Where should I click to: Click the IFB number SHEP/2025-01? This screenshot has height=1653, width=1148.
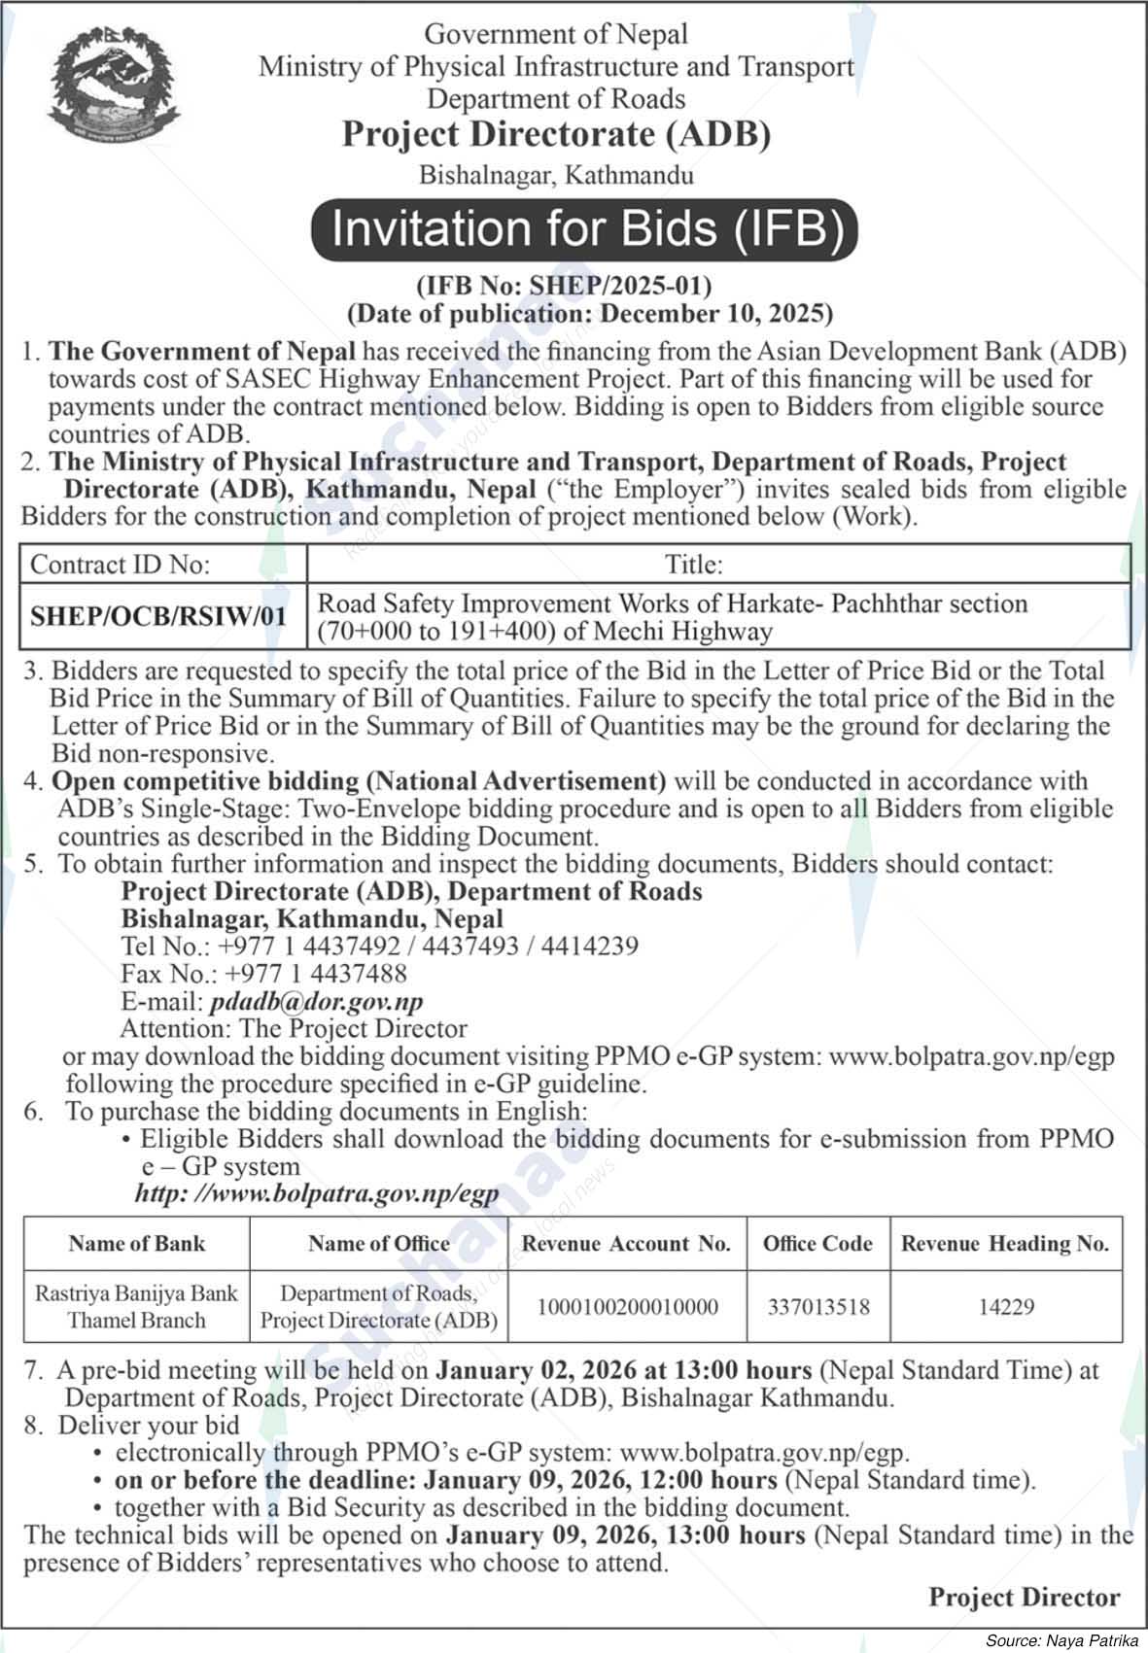[x=564, y=286]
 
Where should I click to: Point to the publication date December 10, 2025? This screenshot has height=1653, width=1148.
[x=715, y=314]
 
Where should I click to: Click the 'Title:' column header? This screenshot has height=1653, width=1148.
[x=693, y=564]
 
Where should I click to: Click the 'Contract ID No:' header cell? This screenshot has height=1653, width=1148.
[x=121, y=564]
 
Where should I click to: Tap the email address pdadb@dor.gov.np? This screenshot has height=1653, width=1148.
[x=315, y=1001]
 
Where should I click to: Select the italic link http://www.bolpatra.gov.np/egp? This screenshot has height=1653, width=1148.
[x=316, y=1194]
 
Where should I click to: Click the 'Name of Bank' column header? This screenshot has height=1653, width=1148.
[x=137, y=1243]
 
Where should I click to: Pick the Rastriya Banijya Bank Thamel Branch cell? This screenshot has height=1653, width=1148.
[x=136, y=1306]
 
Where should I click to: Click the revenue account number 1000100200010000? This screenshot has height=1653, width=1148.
[x=627, y=1307]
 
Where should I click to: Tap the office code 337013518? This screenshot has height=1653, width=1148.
[x=818, y=1307]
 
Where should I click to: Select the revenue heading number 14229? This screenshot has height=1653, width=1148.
[x=1005, y=1307]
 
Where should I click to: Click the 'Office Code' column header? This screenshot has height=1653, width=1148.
[x=818, y=1244]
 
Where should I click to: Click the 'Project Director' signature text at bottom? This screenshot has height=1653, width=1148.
[x=1024, y=1597]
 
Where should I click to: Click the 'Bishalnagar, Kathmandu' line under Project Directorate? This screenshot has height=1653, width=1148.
[x=556, y=176]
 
